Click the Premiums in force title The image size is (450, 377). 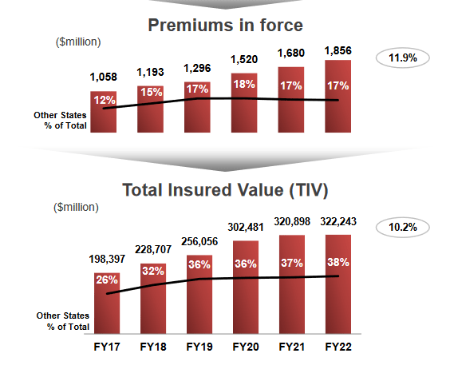tap(226, 26)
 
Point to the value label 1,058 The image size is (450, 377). tap(105, 77)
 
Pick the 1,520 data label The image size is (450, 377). tap(245, 59)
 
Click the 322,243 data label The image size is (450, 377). tap(338, 221)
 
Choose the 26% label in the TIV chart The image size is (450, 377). tap(106, 280)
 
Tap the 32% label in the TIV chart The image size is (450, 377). tap(152, 270)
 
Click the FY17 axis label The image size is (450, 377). tap(106, 347)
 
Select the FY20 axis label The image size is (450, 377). tap(245, 347)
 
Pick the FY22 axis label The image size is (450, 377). tap(338, 347)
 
